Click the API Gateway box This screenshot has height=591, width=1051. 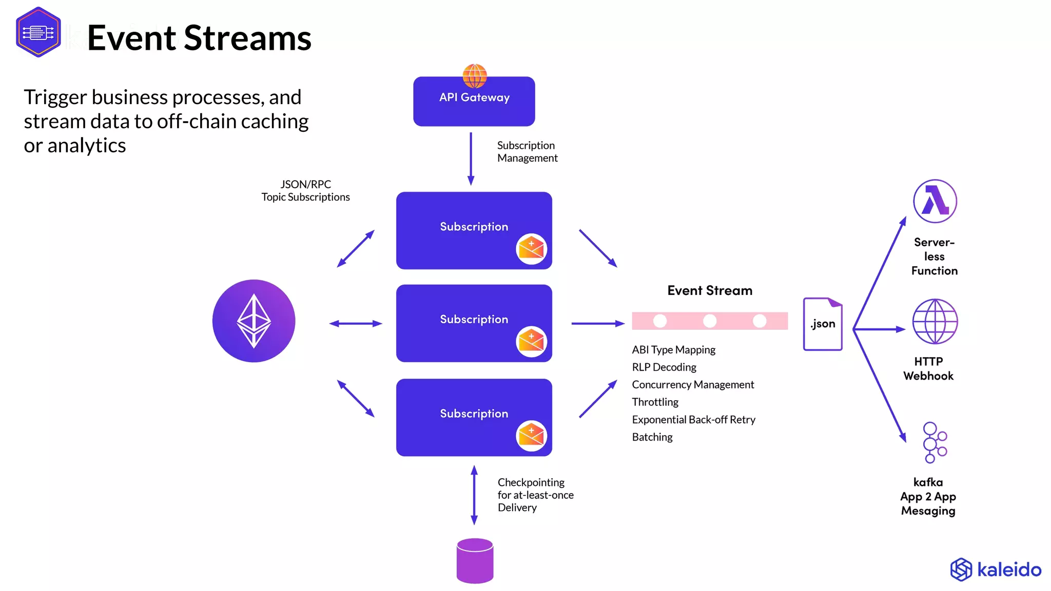[x=474, y=105]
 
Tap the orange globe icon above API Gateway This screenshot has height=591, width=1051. [x=475, y=75]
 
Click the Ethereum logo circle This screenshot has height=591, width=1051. [x=254, y=321]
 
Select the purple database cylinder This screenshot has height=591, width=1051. [x=475, y=560]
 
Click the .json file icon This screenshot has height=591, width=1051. [x=823, y=324]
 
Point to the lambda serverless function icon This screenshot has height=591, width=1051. [x=935, y=201]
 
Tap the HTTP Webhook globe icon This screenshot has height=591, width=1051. [x=935, y=321]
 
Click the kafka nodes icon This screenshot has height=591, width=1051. [x=934, y=442]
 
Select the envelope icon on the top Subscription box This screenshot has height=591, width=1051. [x=531, y=249]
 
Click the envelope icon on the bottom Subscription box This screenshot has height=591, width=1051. [x=531, y=436]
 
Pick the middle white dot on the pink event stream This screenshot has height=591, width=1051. [x=710, y=321]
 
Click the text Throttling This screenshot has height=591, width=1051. [x=655, y=402]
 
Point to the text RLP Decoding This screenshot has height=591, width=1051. [x=664, y=367]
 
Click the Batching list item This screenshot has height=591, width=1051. [x=652, y=437]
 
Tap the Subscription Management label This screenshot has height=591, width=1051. [x=527, y=152]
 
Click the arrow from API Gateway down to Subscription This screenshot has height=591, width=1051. [x=471, y=159]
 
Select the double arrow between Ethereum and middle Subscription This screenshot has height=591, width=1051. [x=356, y=324]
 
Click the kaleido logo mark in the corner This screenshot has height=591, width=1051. [x=961, y=569]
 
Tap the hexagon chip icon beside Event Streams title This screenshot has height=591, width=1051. [x=38, y=32]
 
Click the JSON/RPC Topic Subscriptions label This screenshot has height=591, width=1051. [x=305, y=191]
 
